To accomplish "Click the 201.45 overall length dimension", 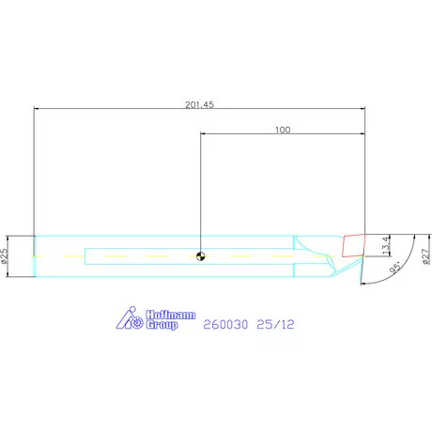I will tap(199, 105).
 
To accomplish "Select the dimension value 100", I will tap(283, 131).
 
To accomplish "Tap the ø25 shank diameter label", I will tap(7, 255).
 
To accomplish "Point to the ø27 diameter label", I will tap(425, 255).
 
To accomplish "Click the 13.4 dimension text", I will tap(387, 246).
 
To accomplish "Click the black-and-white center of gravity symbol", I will tap(200, 255).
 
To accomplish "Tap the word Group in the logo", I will tap(162, 325).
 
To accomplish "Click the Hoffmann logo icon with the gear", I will tap(129, 319).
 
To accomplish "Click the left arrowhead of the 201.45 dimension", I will tap(37, 110).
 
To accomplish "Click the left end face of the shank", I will tap(35, 255).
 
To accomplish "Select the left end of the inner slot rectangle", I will tap(85, 255).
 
